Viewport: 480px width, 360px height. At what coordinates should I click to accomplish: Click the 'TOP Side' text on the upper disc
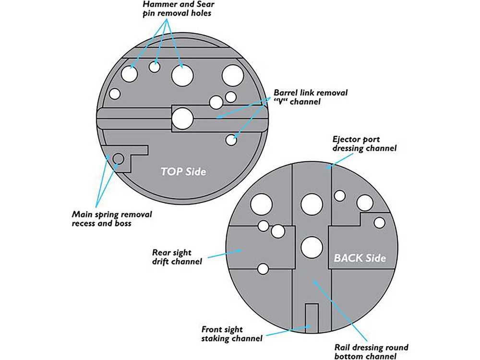click(183, 171)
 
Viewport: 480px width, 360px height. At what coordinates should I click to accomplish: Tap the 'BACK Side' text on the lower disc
click(360, 258)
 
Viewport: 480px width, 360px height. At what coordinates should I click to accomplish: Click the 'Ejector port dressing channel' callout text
click(364, 144)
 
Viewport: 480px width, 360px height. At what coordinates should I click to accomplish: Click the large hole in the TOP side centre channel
click(182, 118)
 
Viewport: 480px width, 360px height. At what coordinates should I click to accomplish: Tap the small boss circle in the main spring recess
click(118, 158)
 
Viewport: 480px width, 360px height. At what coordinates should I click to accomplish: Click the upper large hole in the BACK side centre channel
click(312, 204)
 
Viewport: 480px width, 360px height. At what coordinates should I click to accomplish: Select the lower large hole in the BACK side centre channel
click(312, 247)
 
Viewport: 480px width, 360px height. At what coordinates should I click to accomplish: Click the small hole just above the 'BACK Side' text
click(379, 223)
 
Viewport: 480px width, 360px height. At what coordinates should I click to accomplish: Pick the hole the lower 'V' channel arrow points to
click(232, 140)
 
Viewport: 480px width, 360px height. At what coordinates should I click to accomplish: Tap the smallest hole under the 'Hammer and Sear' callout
click(154, 67)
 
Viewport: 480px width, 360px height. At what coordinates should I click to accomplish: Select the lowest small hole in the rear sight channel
click(263, 269)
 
